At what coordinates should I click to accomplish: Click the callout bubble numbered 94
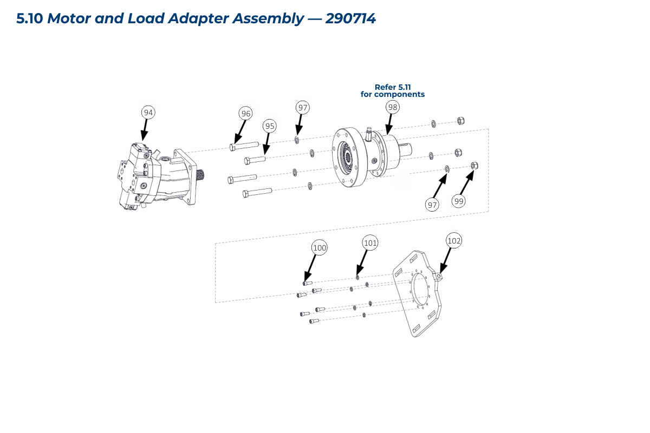(x=148, y=112)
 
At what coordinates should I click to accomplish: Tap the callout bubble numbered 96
(x=246, y=113)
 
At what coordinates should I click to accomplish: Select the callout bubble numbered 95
(x=270, y=126)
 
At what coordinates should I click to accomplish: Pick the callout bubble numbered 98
(x=393, y=107)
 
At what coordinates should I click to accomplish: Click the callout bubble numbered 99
(x=459, y=201)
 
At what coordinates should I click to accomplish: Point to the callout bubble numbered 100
(x=320, y=248)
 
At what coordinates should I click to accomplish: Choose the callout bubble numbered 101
(x=370, y=244)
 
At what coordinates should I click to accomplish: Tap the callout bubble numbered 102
(x=454, y=240)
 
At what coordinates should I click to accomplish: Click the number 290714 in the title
(x=350, y=18)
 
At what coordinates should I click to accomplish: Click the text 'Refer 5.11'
(x=393, y=87)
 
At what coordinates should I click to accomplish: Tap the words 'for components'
(x=393, y=94)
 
